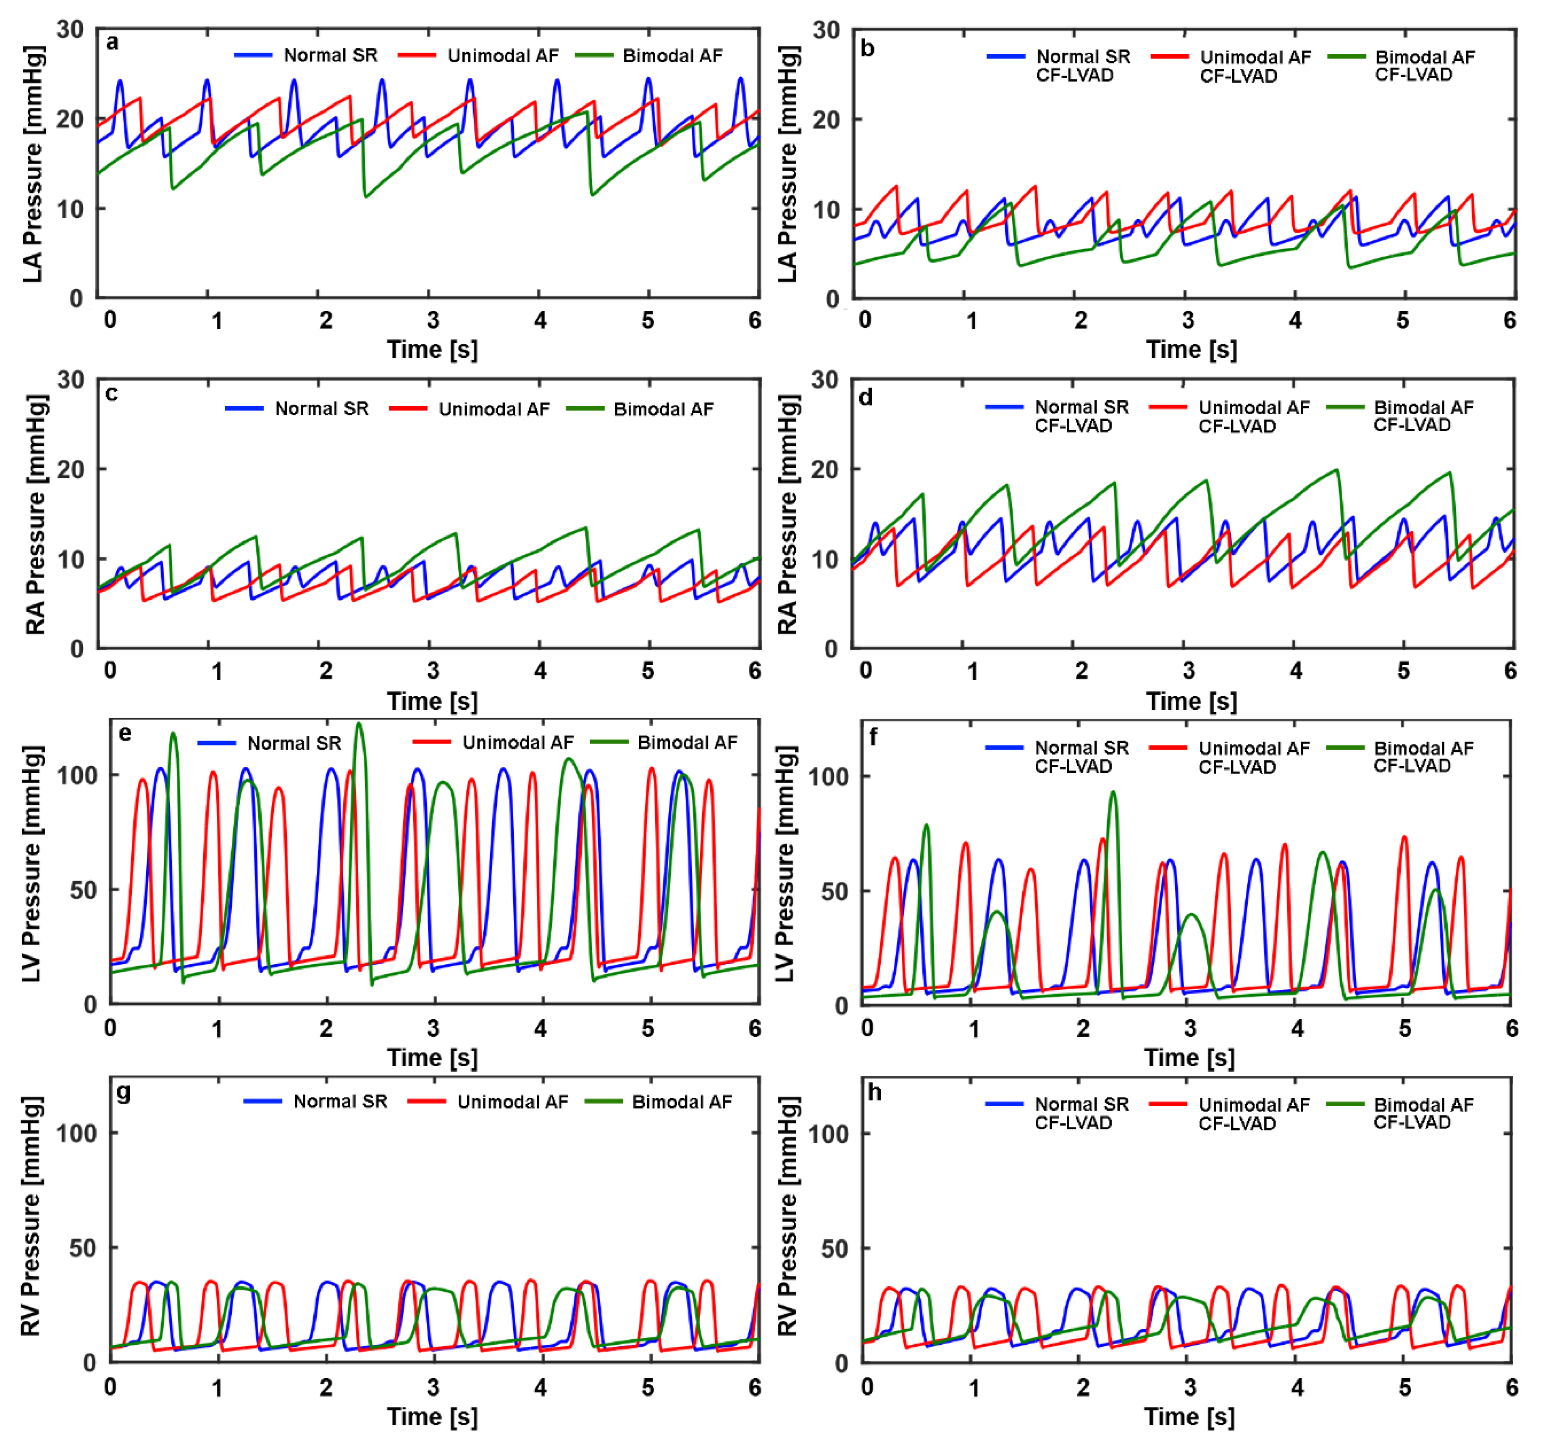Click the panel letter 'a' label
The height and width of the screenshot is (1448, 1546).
coord(113,43)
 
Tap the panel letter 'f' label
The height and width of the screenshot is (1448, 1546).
coord(873,737)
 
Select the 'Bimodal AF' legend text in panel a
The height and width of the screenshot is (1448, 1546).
coord(672,56)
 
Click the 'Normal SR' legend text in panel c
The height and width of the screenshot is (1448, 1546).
coord(321,409)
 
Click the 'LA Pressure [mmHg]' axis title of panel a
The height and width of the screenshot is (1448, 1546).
coord(33,164)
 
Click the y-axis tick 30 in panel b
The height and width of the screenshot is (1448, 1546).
coord(826,31)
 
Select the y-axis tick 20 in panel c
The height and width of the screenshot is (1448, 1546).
coord(70,469)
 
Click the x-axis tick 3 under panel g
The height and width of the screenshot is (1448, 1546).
coord(433,1388)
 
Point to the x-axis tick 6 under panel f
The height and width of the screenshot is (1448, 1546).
coord(1511,1029)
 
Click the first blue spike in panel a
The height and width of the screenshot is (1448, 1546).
coord(120,81)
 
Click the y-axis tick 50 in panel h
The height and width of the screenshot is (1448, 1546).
coord(834,1249)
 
